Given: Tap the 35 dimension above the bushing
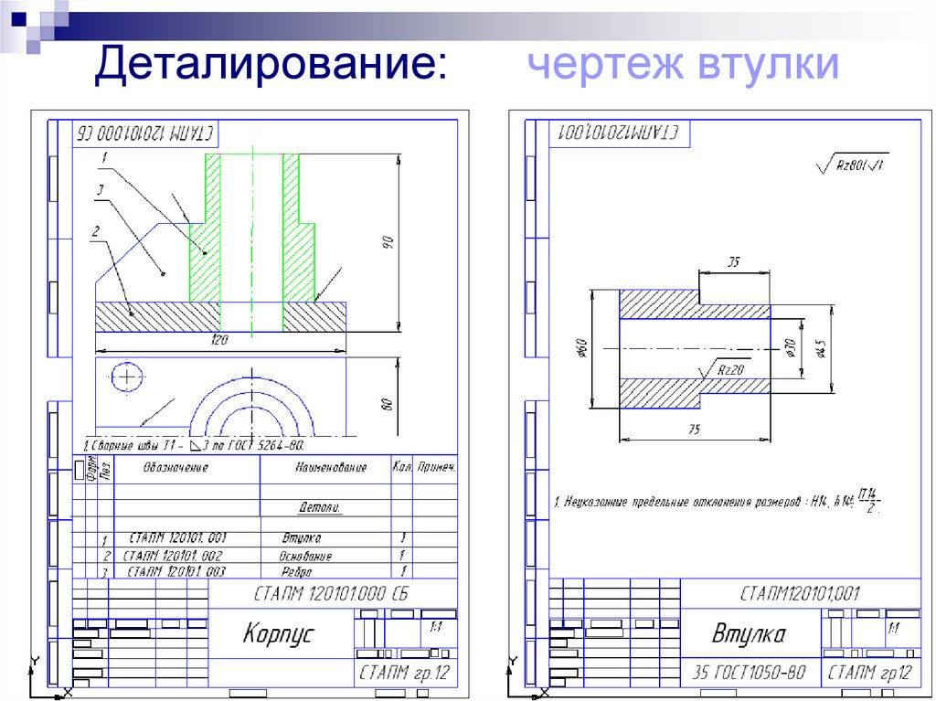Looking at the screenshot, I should pos(732,262).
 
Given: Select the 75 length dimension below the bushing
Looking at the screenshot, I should pos(694,428).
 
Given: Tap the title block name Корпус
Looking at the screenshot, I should pos(278,633).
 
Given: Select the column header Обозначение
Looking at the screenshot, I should pos(175,467).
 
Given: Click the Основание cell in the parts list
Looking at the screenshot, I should pos(305,556).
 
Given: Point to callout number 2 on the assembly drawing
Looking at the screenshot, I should pos(94,233).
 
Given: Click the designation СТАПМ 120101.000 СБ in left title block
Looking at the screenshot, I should pos(330,595).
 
